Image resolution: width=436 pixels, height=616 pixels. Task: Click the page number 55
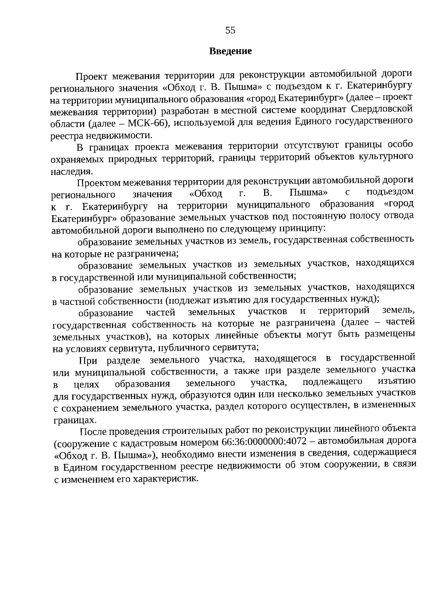230,30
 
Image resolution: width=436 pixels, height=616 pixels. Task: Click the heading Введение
230,51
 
